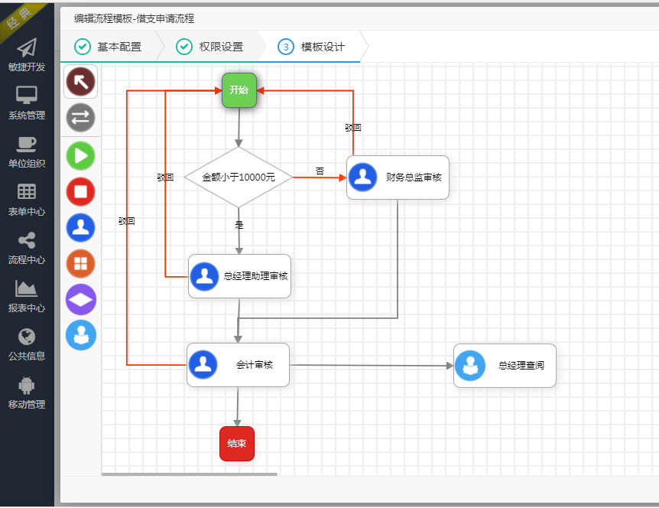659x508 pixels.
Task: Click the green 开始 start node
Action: [x=239, y=90]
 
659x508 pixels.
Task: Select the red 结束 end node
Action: [x=236, y=444]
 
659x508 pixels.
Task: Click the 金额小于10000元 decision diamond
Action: [x=239, y=177]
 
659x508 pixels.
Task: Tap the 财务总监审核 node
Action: [x=398, y=177]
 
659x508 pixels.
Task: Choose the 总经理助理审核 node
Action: [x=239, y=276]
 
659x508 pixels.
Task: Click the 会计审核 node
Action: [x=238, y=365]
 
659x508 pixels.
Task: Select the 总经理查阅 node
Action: [x=505, y=366]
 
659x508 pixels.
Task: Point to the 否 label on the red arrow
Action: [x=320, y=171]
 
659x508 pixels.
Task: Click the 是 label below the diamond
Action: [x=239, y=225]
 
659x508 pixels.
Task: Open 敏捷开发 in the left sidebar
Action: [x=27, y=56]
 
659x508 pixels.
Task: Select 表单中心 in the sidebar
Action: [x=27, y=200]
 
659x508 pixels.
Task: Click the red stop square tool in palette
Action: [x=80, y=191]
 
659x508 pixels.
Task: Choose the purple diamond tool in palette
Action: [x=80, y=300]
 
